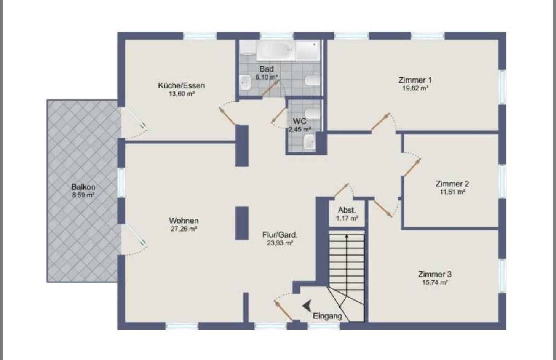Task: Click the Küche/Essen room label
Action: [x=181, y=85]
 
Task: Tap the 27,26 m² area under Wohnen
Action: [x=184, y=229]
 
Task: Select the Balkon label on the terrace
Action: [x=83, y=187]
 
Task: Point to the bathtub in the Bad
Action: [x=275, y=50]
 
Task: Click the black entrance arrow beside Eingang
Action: [x=307, y=306]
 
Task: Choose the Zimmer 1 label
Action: [x=415, y=80]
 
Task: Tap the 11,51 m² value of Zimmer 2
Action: [x=452, y=192]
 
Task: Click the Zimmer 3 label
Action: [x=435, y=274]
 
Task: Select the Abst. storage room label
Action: [x=347, y=210]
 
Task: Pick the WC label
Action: [x=299, y=122]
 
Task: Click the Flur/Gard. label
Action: [x=280, y=235]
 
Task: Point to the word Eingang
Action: [x=327, y=316]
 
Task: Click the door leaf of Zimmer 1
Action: [x=380, y=122]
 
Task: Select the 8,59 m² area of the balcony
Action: [x=83, y=195]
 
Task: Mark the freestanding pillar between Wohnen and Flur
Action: [x=241, y=223]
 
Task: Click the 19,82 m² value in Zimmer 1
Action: [x=416, y=88]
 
